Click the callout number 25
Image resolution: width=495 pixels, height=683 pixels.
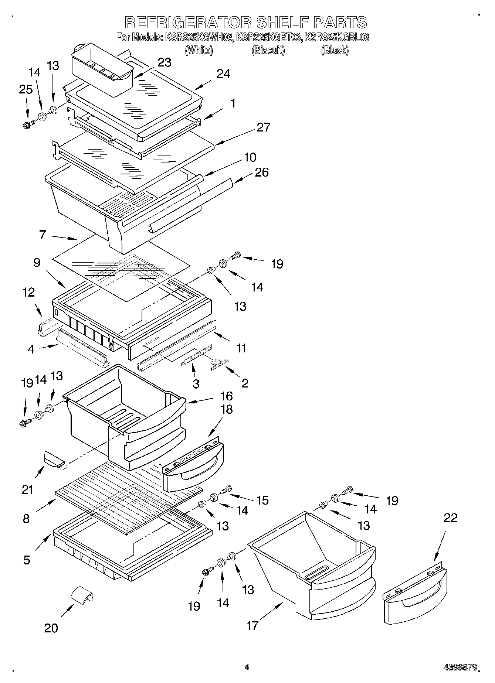26,90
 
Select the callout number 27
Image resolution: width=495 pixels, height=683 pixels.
263,127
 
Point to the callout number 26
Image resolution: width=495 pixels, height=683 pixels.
261,173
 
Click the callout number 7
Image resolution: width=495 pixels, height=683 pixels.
43,235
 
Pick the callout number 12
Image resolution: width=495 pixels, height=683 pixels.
28,293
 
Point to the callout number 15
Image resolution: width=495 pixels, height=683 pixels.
263,501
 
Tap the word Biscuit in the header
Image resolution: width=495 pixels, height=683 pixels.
268,51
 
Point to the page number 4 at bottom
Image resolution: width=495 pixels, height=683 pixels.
247,667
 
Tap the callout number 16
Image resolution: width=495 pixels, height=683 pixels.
226,396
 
